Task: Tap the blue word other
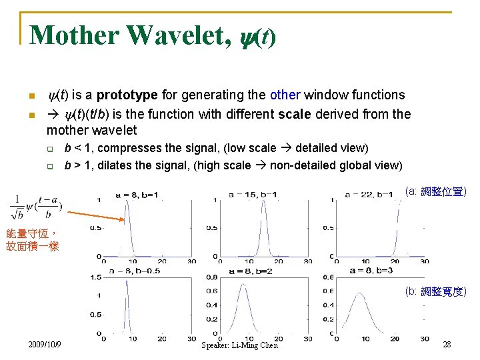[285, 95]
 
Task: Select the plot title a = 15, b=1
[253, 195]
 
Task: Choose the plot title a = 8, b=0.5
[139, 271]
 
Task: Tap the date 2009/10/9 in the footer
[45, 344]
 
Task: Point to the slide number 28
[447, 344]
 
